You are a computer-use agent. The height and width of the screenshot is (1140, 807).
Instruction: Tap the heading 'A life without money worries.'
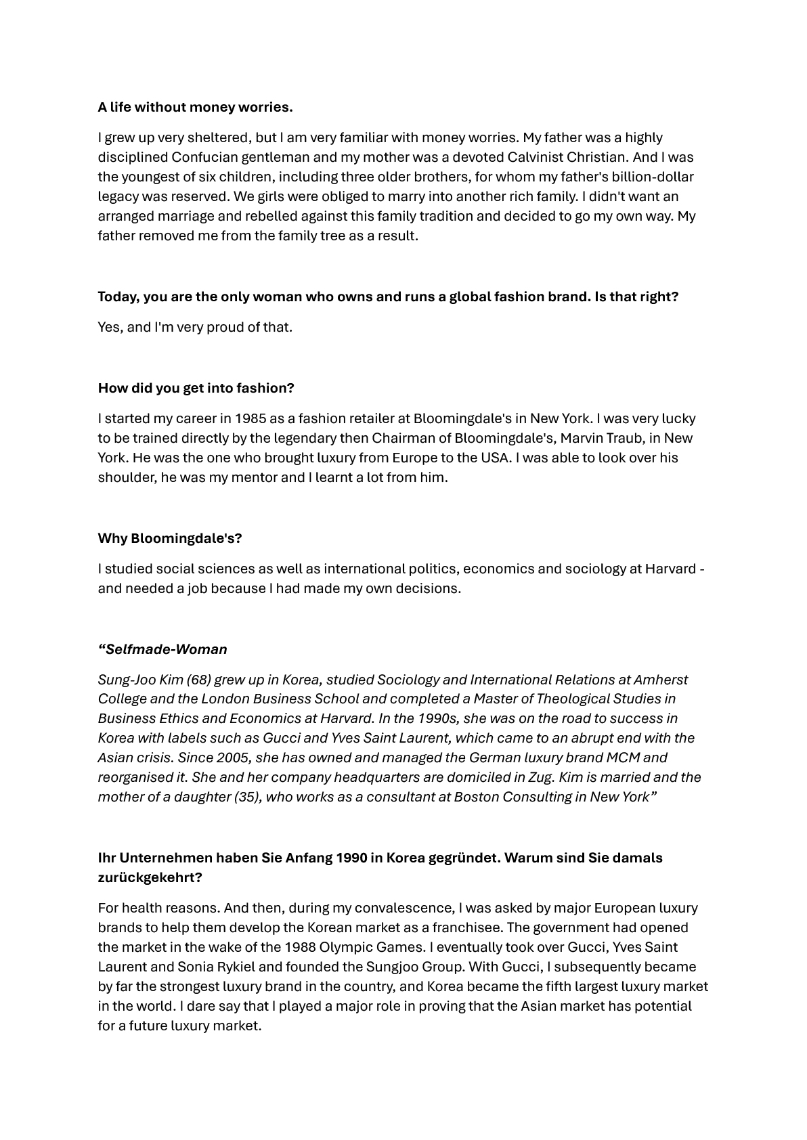[195, 107]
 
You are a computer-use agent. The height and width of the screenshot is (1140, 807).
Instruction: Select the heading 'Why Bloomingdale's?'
[169, 538]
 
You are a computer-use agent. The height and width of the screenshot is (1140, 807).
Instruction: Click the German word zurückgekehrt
[150, 877]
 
